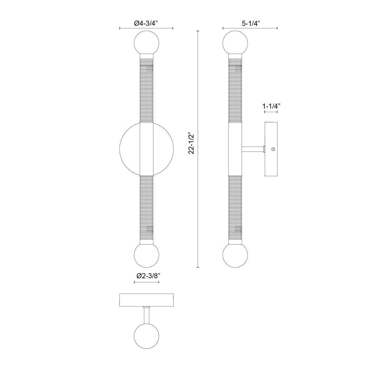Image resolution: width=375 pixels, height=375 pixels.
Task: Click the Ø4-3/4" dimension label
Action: (146, 23)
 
